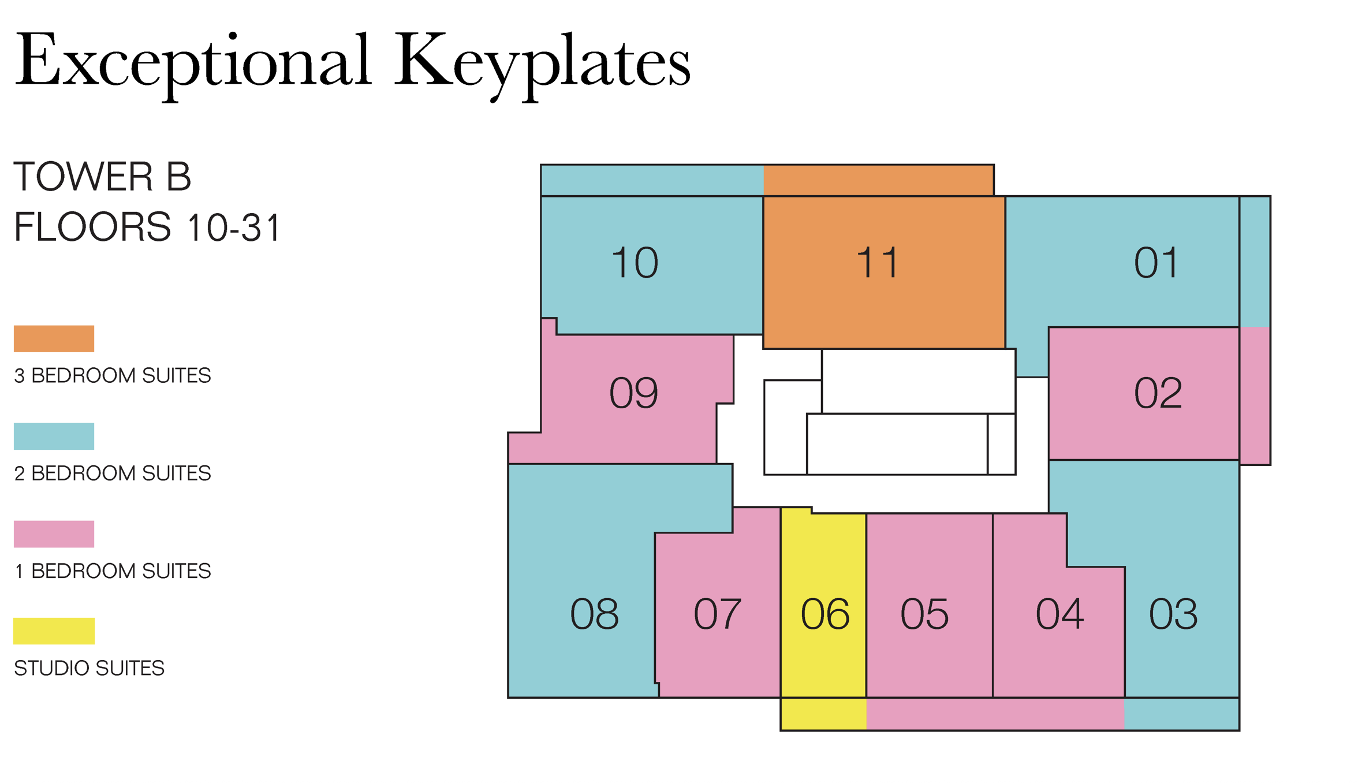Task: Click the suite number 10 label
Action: coord(635,263)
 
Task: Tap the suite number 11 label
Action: coord(877,263)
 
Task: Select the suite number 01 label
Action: coord(1156,263)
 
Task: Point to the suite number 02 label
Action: coord(1158,394)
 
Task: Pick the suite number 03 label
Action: coord(1173,614)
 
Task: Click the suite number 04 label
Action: coord(1059,614)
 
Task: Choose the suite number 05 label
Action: coord(924,614)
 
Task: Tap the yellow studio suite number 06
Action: coord(824,614)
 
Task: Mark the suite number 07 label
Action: coord(717,614)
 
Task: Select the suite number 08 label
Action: coord(594,614)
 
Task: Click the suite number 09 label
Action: coord(633,394)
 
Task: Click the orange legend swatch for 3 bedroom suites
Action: coord(54,338)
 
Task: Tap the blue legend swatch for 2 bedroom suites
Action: coord(54,436)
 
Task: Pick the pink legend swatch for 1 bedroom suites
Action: coord(54,534)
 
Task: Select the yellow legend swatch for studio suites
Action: coord(54,631)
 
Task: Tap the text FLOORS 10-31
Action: coord(147,227)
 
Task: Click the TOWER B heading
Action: coord(102,177)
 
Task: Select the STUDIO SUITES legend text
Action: coord(89,668)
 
